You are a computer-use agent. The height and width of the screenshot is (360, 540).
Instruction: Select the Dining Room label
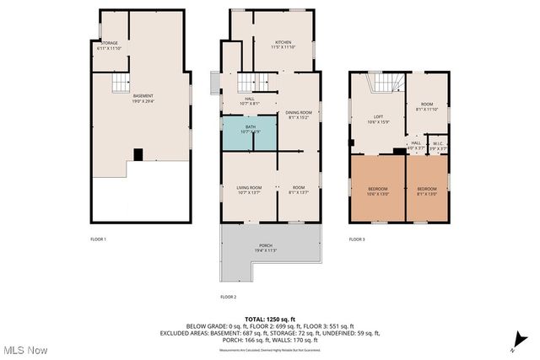(x=299, y=115)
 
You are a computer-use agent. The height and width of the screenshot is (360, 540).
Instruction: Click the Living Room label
(x=248, y=189)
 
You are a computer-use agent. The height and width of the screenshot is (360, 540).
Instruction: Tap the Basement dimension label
(x=143, y=99)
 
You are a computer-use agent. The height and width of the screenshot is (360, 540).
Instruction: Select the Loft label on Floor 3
(x=378, y=119)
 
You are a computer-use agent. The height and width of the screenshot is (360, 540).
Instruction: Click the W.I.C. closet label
(x=438, y=145)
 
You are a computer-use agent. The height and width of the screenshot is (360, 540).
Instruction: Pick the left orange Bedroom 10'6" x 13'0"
(x=377, y=191)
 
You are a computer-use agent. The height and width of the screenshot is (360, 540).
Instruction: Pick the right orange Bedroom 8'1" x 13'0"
(x=426, y=191)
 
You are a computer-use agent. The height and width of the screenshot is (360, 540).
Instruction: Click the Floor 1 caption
(x=99, y=239)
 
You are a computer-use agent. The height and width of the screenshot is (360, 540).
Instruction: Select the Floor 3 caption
(x=357, y=239)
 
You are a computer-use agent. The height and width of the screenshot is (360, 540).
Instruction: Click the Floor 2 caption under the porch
(x=228, y=297)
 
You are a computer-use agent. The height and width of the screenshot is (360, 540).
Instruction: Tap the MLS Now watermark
(x=24, y=350)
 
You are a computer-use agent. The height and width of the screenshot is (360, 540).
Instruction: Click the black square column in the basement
(x=138, y=154)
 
